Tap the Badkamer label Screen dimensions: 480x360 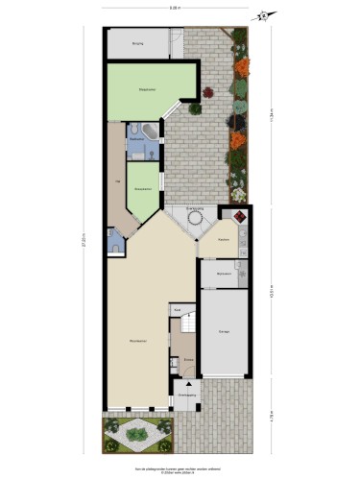[136, 140]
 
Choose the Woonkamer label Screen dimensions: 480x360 [137, 341]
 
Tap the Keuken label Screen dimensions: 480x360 [222, 239]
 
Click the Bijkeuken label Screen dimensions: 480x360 [224, 276]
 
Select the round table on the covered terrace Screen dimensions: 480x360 [196, 220]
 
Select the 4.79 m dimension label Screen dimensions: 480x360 [270, 418]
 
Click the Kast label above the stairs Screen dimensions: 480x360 [178, 310]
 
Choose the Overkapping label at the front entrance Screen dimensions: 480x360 [187, 394]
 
